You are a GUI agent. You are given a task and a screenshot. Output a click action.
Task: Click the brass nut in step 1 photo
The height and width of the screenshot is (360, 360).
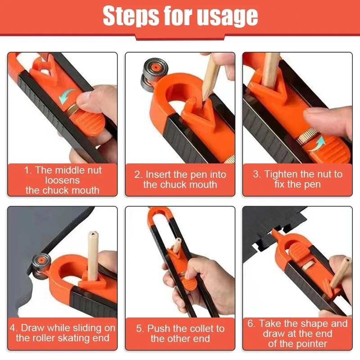tap(72, 108)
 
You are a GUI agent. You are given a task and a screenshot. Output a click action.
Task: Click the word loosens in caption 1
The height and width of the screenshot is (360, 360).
tap(62, 180)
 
